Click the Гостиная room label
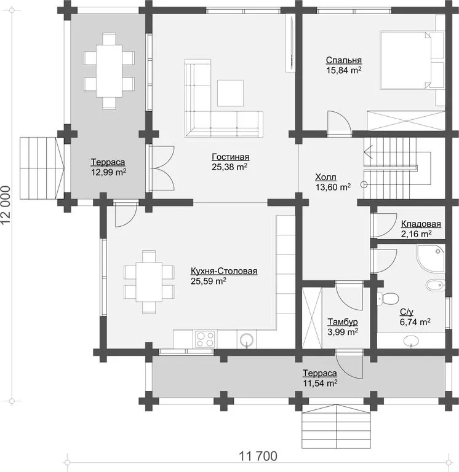[231, 157]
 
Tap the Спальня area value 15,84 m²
[344, 70]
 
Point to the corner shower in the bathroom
[430, 258]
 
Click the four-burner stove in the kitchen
[206, 339]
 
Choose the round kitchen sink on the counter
[247, 340]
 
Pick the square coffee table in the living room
[231, 93]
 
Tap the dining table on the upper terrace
[109, 71]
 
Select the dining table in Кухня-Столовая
[149, 281]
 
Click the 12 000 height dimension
[6, 205]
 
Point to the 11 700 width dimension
[258, 456]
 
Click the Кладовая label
[421, 224]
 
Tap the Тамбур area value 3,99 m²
[343, 332]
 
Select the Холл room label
[325, 177]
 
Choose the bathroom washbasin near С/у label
[410, 340]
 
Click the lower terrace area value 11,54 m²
[320, 383]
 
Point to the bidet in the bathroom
[435, 285]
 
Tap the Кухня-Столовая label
[224, 271]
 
